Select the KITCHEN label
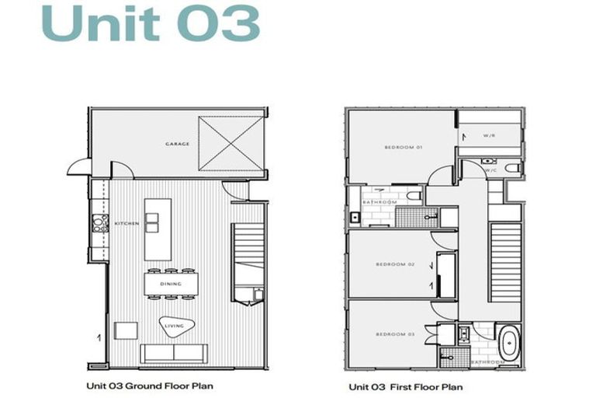click(x=127, y=224)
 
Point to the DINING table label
click(x=171, y=284)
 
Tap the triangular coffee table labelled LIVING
click(x=174, y=327)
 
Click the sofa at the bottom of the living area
click(x=173, y=353)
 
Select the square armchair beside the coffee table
click(x=126, y=330)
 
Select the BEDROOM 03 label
click(x=395, y=334)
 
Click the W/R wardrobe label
click(x=490, y=136)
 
